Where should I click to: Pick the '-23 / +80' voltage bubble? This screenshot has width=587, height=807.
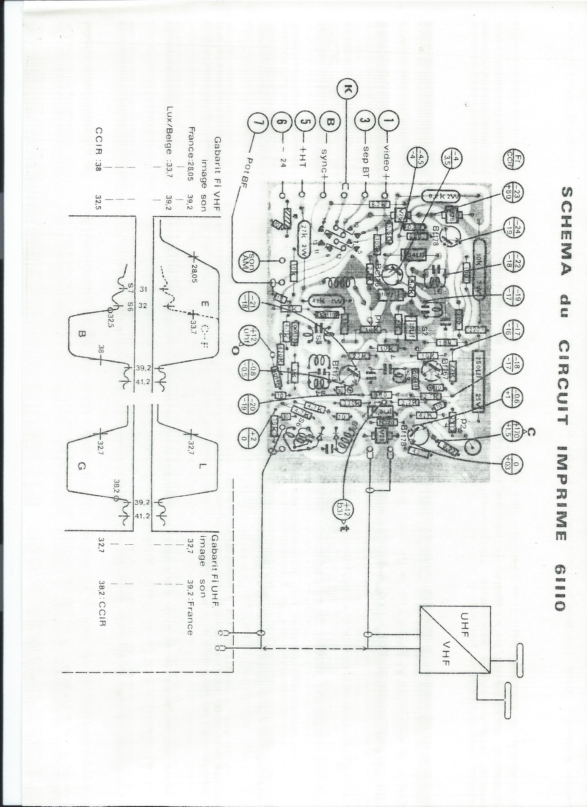click(x=511, y=195)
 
